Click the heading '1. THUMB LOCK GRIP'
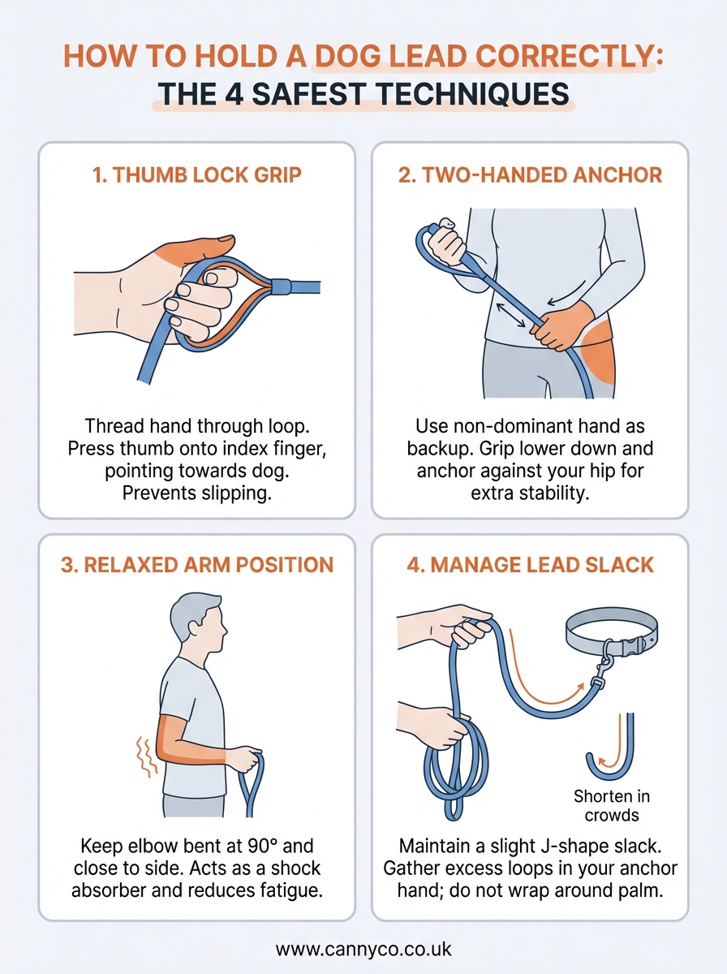196,175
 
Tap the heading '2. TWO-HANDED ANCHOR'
530,175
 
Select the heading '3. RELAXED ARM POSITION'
196,565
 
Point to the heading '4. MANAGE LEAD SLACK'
530,565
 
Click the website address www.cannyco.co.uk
363,949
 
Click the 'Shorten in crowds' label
611,805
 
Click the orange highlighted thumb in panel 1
199,249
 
